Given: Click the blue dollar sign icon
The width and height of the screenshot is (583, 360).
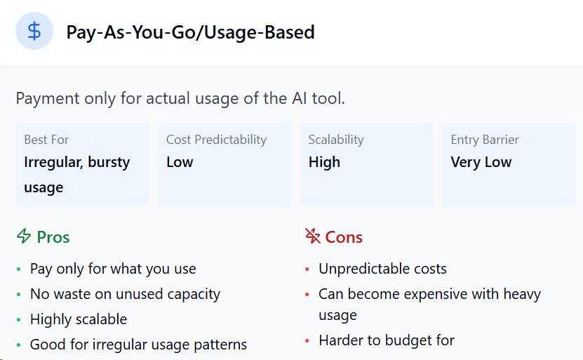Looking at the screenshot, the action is pos(34,31).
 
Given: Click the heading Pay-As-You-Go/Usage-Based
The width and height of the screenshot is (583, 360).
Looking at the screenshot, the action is pos(190,32).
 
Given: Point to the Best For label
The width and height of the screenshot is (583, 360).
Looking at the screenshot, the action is pos(46,140).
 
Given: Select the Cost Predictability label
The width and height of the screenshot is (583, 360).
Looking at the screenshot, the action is pos(216,140).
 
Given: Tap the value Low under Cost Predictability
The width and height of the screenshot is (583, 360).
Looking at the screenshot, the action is pos(180,162).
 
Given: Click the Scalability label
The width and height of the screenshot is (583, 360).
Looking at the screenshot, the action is pos(336,140).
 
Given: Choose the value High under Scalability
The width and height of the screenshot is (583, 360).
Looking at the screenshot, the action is pos(324,163).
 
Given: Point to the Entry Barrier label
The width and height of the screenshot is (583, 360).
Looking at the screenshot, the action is pos(485,140).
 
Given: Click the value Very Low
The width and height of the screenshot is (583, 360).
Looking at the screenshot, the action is pos(481,163).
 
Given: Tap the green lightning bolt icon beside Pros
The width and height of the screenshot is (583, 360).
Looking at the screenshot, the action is pos(24,236).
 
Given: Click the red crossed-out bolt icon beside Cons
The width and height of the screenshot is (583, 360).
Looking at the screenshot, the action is pos(313,236).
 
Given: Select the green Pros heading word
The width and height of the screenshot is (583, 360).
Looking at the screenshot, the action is pos(53,237).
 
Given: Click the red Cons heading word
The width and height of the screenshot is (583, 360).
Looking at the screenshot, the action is pos(344,237).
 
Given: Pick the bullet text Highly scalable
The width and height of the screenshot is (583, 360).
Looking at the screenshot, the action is pos(79,319).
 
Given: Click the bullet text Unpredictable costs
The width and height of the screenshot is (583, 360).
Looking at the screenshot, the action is pos(382,269).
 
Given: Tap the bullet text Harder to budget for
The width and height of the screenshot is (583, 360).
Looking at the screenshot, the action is pos(387,340).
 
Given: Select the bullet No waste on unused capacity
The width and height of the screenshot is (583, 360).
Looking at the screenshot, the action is pos(126,294).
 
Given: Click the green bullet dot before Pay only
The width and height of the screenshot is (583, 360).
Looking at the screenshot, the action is pos(18,269).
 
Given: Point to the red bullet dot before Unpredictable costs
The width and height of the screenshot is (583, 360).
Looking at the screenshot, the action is pos(307,269).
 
